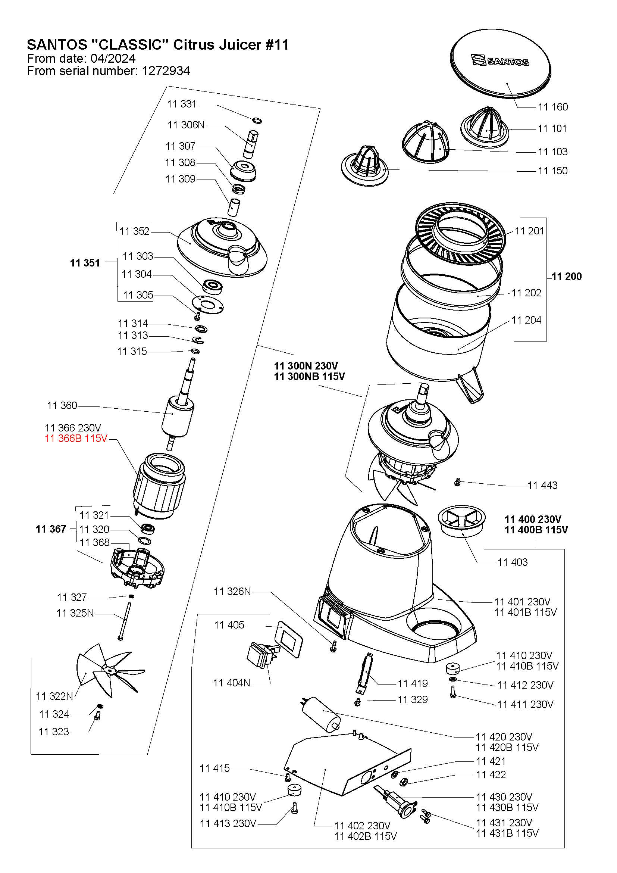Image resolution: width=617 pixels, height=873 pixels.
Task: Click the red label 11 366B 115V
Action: pyautogui.click(x=76, y=439)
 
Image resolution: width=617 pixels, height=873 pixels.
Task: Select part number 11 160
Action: pyautogui.click(x=552, y=107)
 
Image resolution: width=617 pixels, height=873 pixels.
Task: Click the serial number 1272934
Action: pyautogui.click(x=166, y=71)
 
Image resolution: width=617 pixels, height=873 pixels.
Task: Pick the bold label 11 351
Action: pyautogui.click(x=85, y=263)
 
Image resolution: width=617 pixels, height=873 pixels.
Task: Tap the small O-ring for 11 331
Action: pyautogui.click(x=257, y=121)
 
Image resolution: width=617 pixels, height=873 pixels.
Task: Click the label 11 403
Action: pyautogui.click(x=513, y=562)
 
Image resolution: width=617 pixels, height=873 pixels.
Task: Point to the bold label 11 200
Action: pyautogui.click(x=567, y=277)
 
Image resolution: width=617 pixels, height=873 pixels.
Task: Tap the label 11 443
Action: pyautogui.click(x=542, y=485)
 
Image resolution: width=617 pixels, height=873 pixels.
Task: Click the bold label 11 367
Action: pyautogui.click(x=51, y=529)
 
